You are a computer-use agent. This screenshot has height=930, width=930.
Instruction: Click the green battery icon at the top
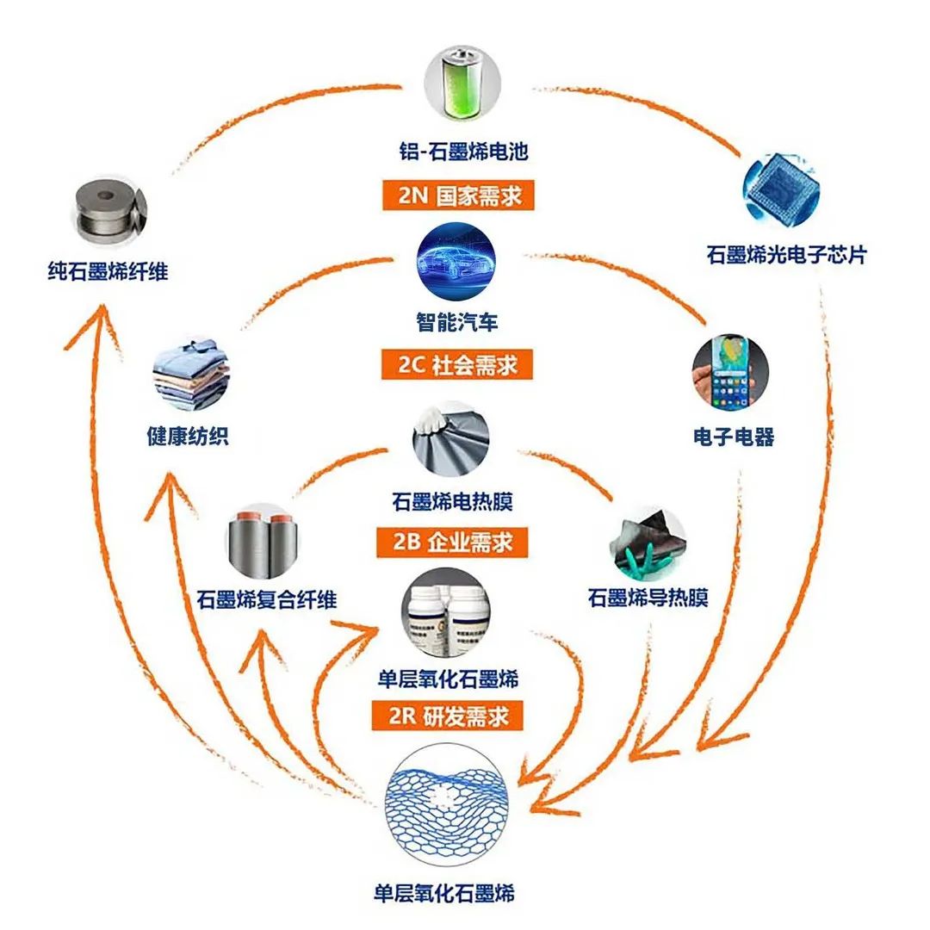[464, 85]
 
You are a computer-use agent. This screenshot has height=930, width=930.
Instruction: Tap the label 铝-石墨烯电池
[465, 152]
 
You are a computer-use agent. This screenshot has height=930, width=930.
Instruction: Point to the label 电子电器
[734, 437]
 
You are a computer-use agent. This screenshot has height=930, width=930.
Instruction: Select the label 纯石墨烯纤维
[108, 273]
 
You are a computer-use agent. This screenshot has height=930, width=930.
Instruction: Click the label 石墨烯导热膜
[648, 598]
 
